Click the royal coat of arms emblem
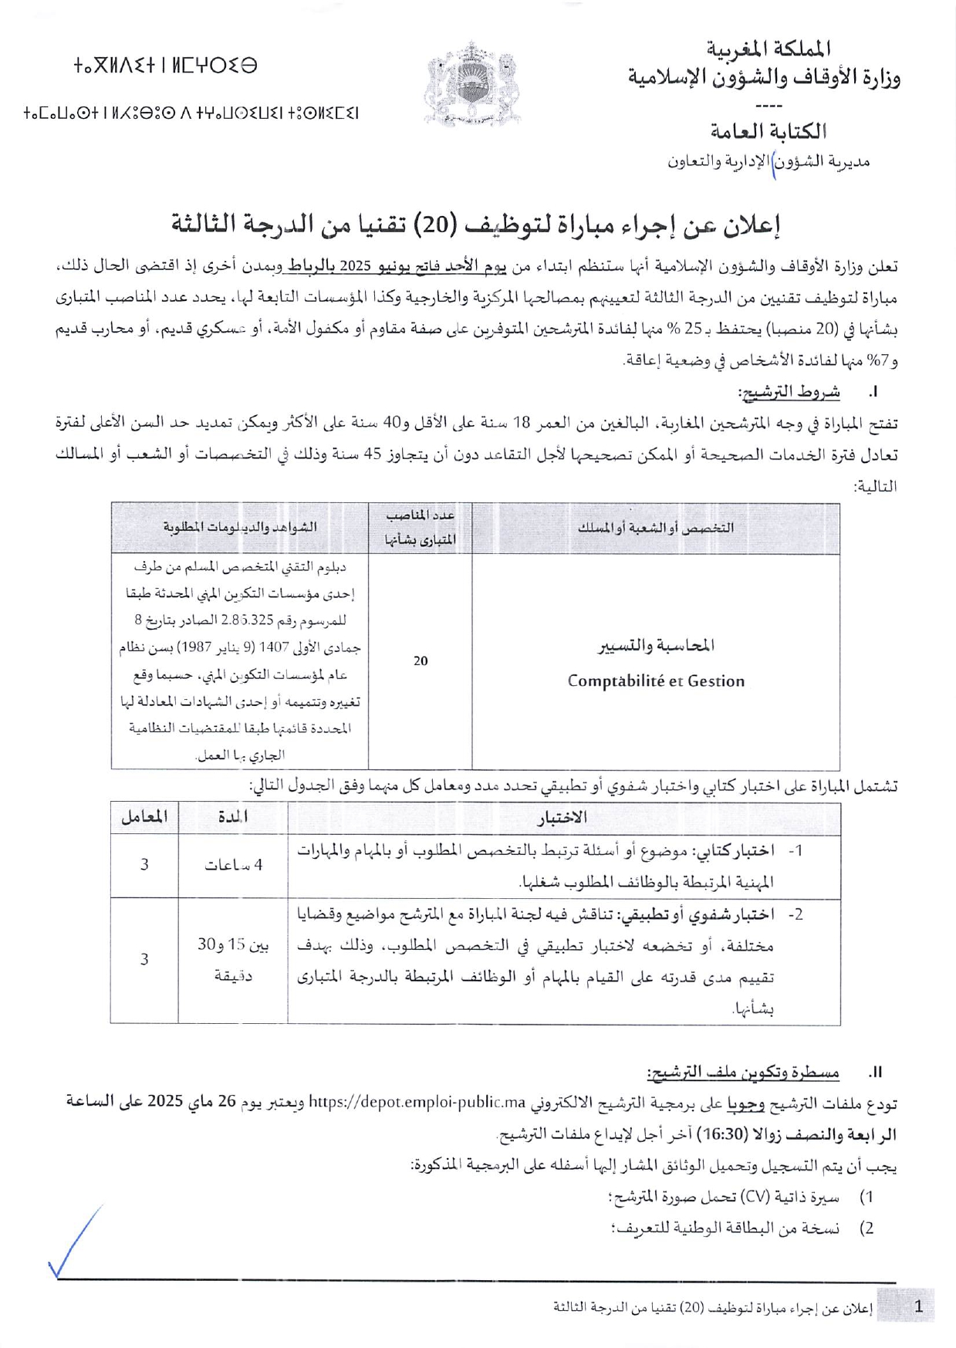[471, 84]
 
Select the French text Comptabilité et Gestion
[656, 681]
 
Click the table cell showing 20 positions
[421, 660]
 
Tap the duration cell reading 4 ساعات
[233, 865]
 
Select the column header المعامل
[144, 818]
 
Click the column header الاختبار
[562, 818]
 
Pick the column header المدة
[232, 818]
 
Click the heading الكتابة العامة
[767, 131]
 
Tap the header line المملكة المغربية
[769, 49]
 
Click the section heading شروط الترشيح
[789, 392]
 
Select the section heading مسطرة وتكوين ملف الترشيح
[743, 1072]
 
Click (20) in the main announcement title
[436, 224]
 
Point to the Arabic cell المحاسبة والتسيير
[657, 645]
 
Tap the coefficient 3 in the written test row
[144, 865]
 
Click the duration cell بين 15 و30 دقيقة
[233, 960]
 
